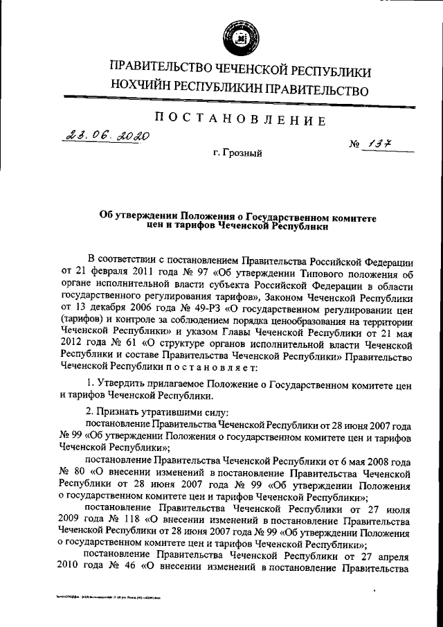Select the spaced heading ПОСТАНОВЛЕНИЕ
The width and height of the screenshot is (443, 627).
[x=239, y=120]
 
